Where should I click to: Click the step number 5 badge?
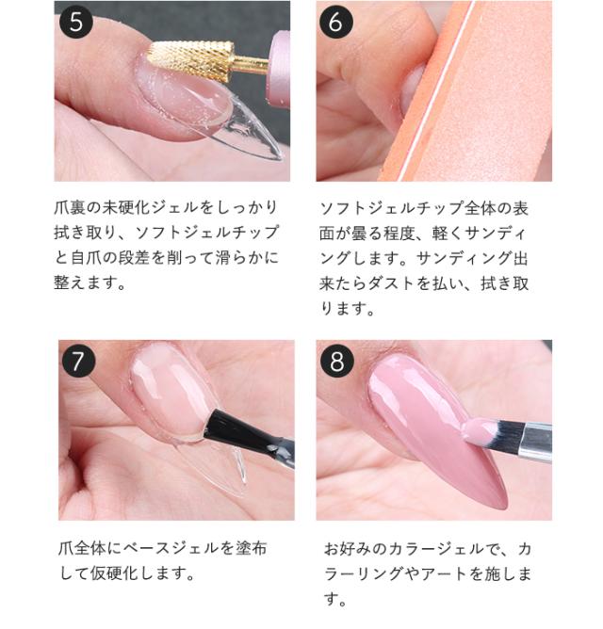[x=75, y=21]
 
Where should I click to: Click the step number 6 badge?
[x=335, y=21]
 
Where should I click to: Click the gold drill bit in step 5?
[x=196, y=57]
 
